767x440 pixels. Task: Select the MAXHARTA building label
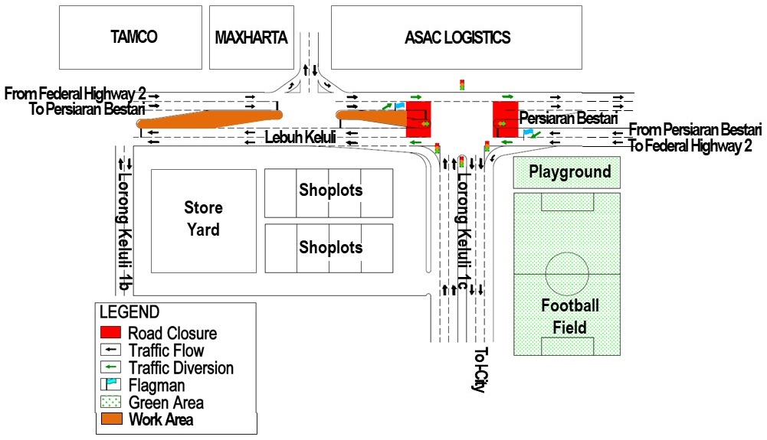pyautogui.click(x=251, y=37)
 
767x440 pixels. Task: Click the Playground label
pyautogui.click(x=570, y=171)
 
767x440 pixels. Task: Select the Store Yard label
pyautogui.click(x=203, y=219)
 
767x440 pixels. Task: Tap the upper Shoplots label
pyautogui.click(x=330, y=190)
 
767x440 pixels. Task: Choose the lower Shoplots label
pyautogui.click(x=330, y=247)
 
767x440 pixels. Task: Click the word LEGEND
pyautogui.click(x=129, y=312)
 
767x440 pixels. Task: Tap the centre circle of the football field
pyautogui.click(x=567, y=272)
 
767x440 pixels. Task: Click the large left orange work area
pyautogui.click(x=207, y=119)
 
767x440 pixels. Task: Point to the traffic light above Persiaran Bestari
pyautogui.click(x=462, y=84)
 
